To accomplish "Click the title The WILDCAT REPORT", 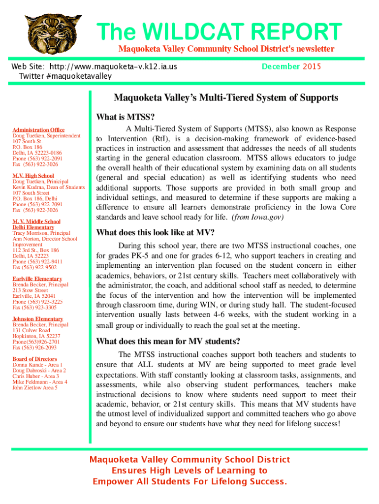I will click(219, 32).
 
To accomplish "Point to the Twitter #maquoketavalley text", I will click(65, 76).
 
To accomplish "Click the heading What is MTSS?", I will click(126, 117).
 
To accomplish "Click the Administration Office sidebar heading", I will click(38, 130).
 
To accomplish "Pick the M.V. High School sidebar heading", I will click(33, 176).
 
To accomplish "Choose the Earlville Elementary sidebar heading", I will click(37, 279).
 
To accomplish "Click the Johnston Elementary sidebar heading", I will click(37, 319).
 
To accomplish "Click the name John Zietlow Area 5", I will click(35, 387).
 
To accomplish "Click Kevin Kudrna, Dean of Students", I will click(48, 187).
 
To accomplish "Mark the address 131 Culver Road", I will click(31, 331).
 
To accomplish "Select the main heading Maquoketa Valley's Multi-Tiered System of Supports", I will click(226, 97).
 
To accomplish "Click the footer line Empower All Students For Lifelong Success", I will click(189, 481).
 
